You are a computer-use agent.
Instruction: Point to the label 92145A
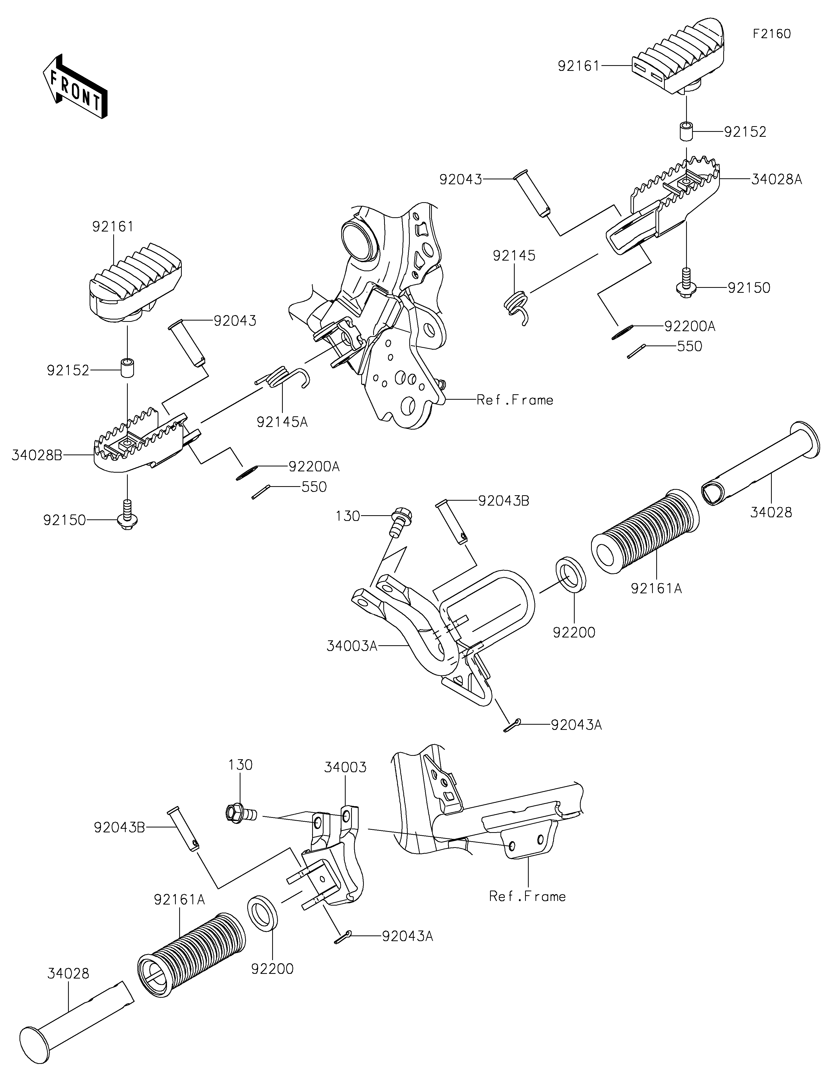(x=282, y=422)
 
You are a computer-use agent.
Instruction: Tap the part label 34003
(x=345, y=767)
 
